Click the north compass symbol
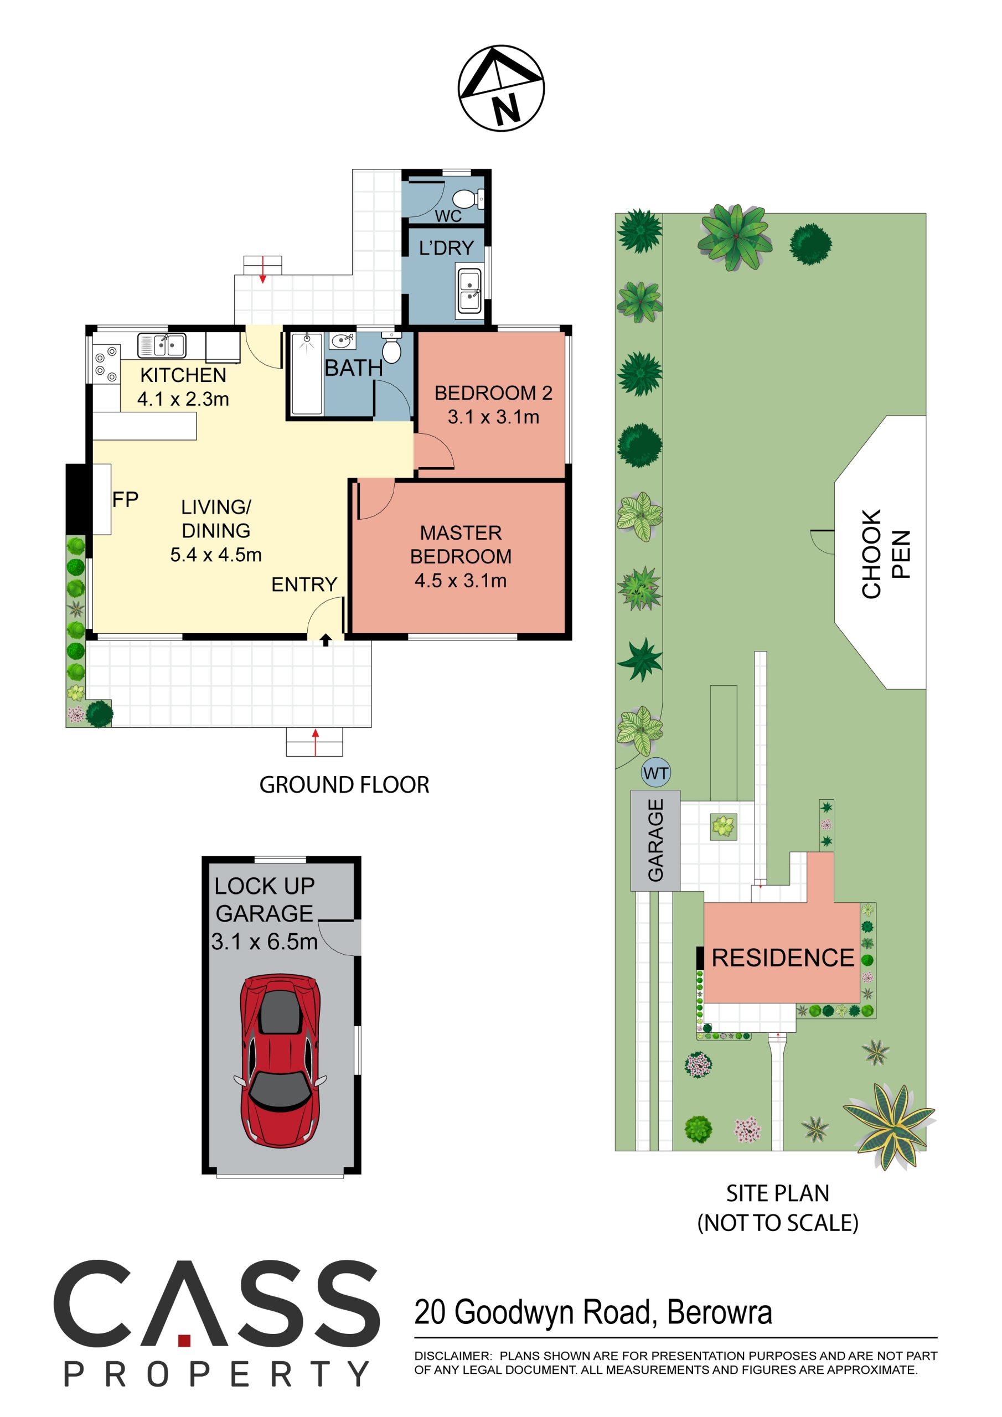point(500,87)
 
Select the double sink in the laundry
point(469,291)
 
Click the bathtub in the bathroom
point(307,374)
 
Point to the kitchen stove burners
point(106,364)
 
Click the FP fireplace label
point(125,499)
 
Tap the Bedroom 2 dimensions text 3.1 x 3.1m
point(493,417)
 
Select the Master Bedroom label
point(461,544)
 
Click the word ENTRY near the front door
point(304,585)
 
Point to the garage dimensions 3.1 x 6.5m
point(264,942)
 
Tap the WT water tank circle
point(655,773)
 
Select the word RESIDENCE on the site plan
point(783,958)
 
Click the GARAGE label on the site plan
point(655,840)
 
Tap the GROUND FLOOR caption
point(344,785)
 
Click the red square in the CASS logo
point(184,1341)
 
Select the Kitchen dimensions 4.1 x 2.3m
point(183,399)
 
